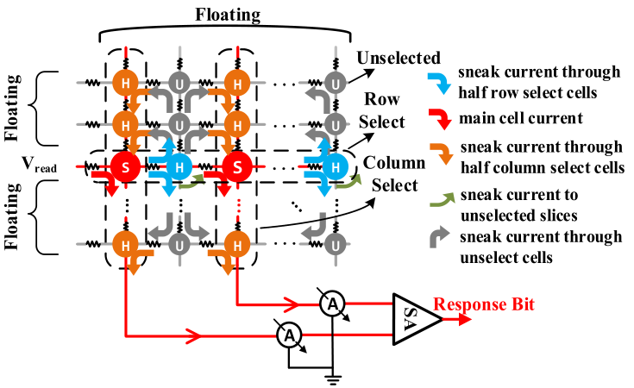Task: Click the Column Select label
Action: [x=391, y=173]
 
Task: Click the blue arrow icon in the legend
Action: [x=442, y=84]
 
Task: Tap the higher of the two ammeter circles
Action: [x=333, y=304]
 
